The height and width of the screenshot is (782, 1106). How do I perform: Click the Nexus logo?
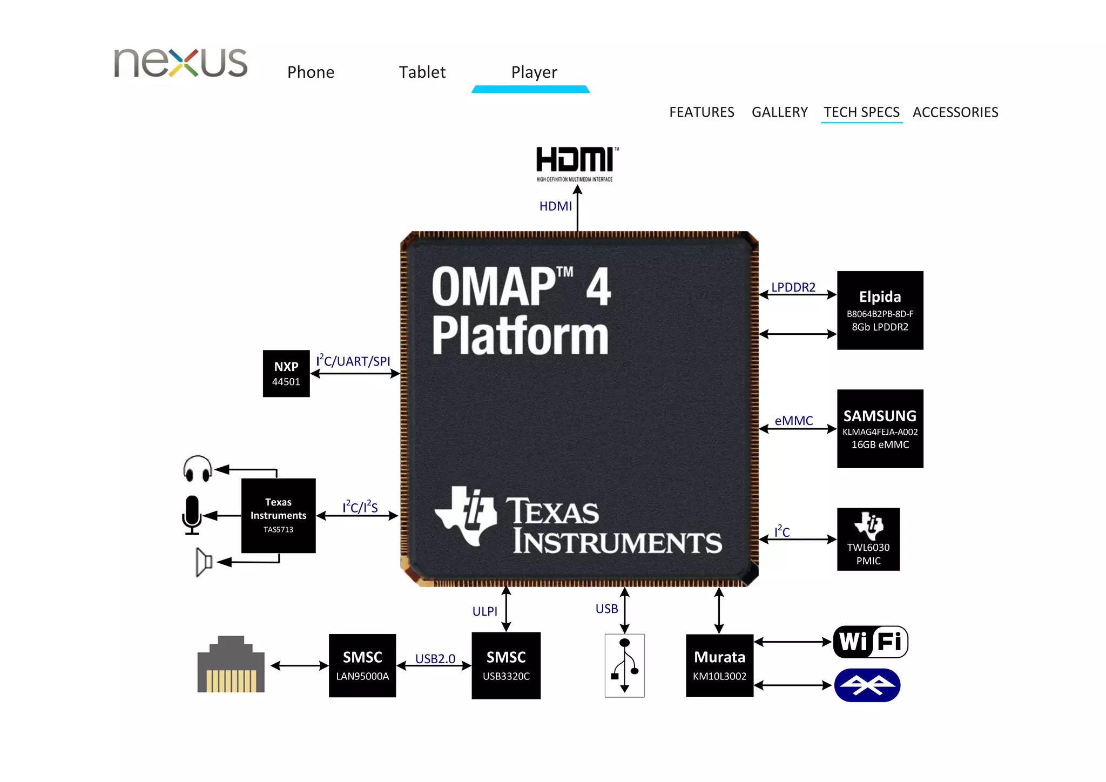tap(180, 63)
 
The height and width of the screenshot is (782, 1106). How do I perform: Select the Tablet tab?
tap(422, 72)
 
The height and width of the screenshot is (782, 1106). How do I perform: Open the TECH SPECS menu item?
tap(861, 112)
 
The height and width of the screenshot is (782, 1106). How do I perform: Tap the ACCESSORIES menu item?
tap(955, 112)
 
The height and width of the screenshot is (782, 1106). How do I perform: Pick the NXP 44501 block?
tap(286, 373)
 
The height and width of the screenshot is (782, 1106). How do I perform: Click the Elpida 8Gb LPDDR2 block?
tap(880, 311)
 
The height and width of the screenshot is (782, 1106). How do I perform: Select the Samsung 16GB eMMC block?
tap(880, 429)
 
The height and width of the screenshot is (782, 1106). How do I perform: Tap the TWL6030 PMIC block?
tap(868, 539)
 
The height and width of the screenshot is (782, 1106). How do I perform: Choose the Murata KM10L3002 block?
tap(719, 665)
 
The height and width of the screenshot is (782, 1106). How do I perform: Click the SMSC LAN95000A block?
tap(362, 665)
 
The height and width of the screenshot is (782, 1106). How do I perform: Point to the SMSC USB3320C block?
tap(506, 665)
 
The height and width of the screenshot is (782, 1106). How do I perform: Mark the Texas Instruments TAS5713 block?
tap(278, 515)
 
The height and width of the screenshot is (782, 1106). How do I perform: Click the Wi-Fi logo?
tap(870, 642)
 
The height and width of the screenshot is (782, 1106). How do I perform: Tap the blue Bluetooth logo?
tap(867, 685)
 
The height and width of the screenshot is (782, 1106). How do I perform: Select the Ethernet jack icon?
tap(231, 665)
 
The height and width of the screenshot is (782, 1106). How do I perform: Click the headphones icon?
tap(198, 469)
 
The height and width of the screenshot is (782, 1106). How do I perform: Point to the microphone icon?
tap(192, 515)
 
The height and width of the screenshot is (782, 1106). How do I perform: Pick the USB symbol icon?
tap(624, 665)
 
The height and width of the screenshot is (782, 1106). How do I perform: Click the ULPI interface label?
tap(484, 611)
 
